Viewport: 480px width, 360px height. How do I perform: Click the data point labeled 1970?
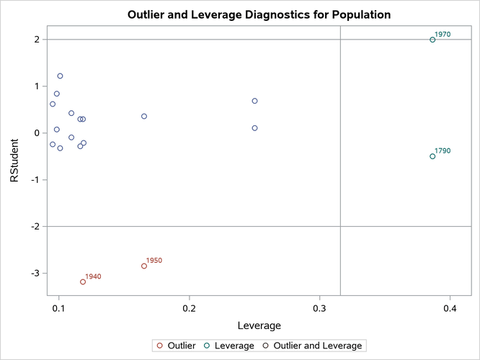pos(432,40)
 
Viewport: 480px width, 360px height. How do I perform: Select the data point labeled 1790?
pos(432,156)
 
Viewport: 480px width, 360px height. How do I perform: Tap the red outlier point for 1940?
pos(83,282)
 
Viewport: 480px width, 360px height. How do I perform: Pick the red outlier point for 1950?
pos(144,266)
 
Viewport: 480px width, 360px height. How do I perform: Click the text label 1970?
pos(443,34)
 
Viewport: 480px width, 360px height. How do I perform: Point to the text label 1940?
pos(93,276)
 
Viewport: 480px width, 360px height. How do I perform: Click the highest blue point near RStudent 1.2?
pos(60,76)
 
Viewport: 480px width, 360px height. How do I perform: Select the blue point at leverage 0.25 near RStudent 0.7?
pos(254,101)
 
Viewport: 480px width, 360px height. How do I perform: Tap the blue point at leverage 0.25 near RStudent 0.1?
pos(254,128)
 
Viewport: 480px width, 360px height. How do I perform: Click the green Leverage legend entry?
pos(229,346)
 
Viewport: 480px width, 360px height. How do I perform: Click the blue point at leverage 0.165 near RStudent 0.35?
pos(144,116)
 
